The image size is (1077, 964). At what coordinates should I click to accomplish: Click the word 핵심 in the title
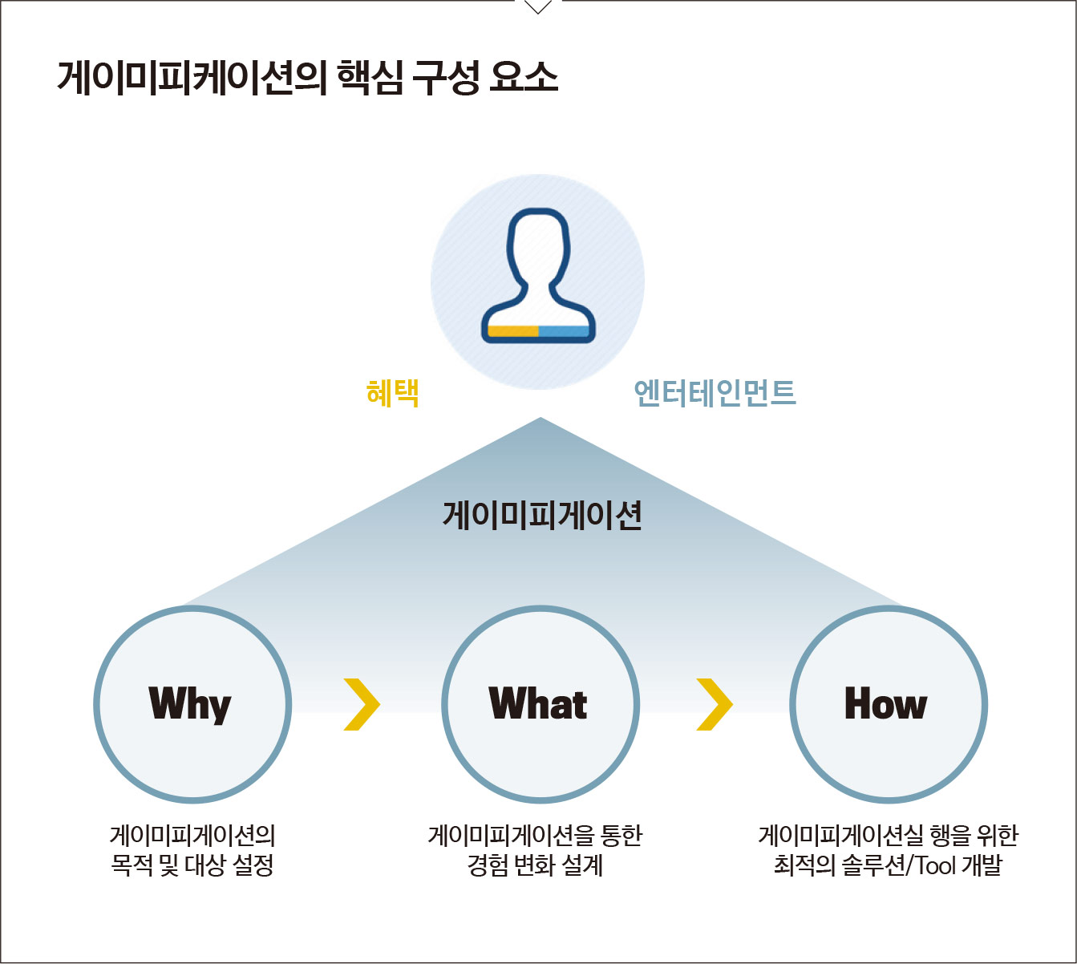(x=370, y=78)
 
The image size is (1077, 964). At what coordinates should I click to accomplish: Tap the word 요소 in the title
(x=524, y=78)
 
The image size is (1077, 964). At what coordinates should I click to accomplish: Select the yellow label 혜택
(x=393, y=393)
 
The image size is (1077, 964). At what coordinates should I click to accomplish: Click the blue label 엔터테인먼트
(x=715, y=393)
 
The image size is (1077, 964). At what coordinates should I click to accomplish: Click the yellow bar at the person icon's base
(x=513, y=331)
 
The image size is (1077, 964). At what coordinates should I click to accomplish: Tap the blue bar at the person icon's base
(x=564, y=331)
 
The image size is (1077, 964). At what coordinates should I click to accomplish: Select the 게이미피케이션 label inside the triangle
(x=542, y=515)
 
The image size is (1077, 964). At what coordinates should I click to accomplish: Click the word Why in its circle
(x=190, y=705)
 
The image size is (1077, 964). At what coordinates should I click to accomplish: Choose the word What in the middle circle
(x=538, y=703)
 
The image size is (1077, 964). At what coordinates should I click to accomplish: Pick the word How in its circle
(x=885, y=703)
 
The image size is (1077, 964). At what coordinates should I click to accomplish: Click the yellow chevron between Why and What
(x=362, y=704)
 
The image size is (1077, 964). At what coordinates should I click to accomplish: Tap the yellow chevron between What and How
(x=715, y=704)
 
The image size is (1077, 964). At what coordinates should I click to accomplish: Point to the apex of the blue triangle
(x=541, y=418)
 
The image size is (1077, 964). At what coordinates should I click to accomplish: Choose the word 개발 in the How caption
(x=982, y=865)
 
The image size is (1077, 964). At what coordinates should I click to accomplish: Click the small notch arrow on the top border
(x=538, y=7)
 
